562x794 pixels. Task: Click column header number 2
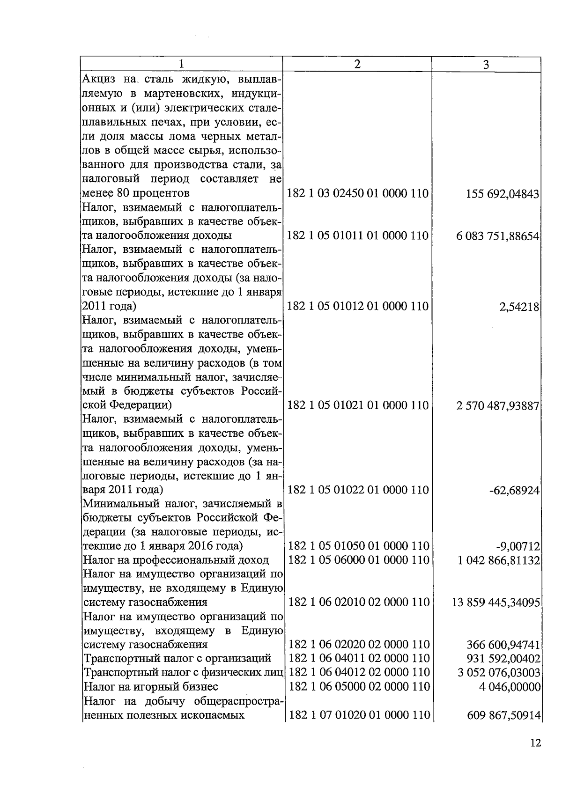(357, 64)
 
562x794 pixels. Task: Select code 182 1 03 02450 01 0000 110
(357, 193)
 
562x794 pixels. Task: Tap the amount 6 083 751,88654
(497, 236)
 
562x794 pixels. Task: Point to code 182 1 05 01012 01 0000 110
(357, 306)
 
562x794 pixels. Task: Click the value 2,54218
(519, 307)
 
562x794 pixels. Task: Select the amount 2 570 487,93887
(497, 405)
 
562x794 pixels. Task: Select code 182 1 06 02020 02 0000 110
(359, 644)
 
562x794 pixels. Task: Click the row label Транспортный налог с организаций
(177, 658)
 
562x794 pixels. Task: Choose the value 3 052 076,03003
(499, 673)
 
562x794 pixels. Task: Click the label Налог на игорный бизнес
(150, 686)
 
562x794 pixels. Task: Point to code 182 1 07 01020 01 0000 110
(359, 715)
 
